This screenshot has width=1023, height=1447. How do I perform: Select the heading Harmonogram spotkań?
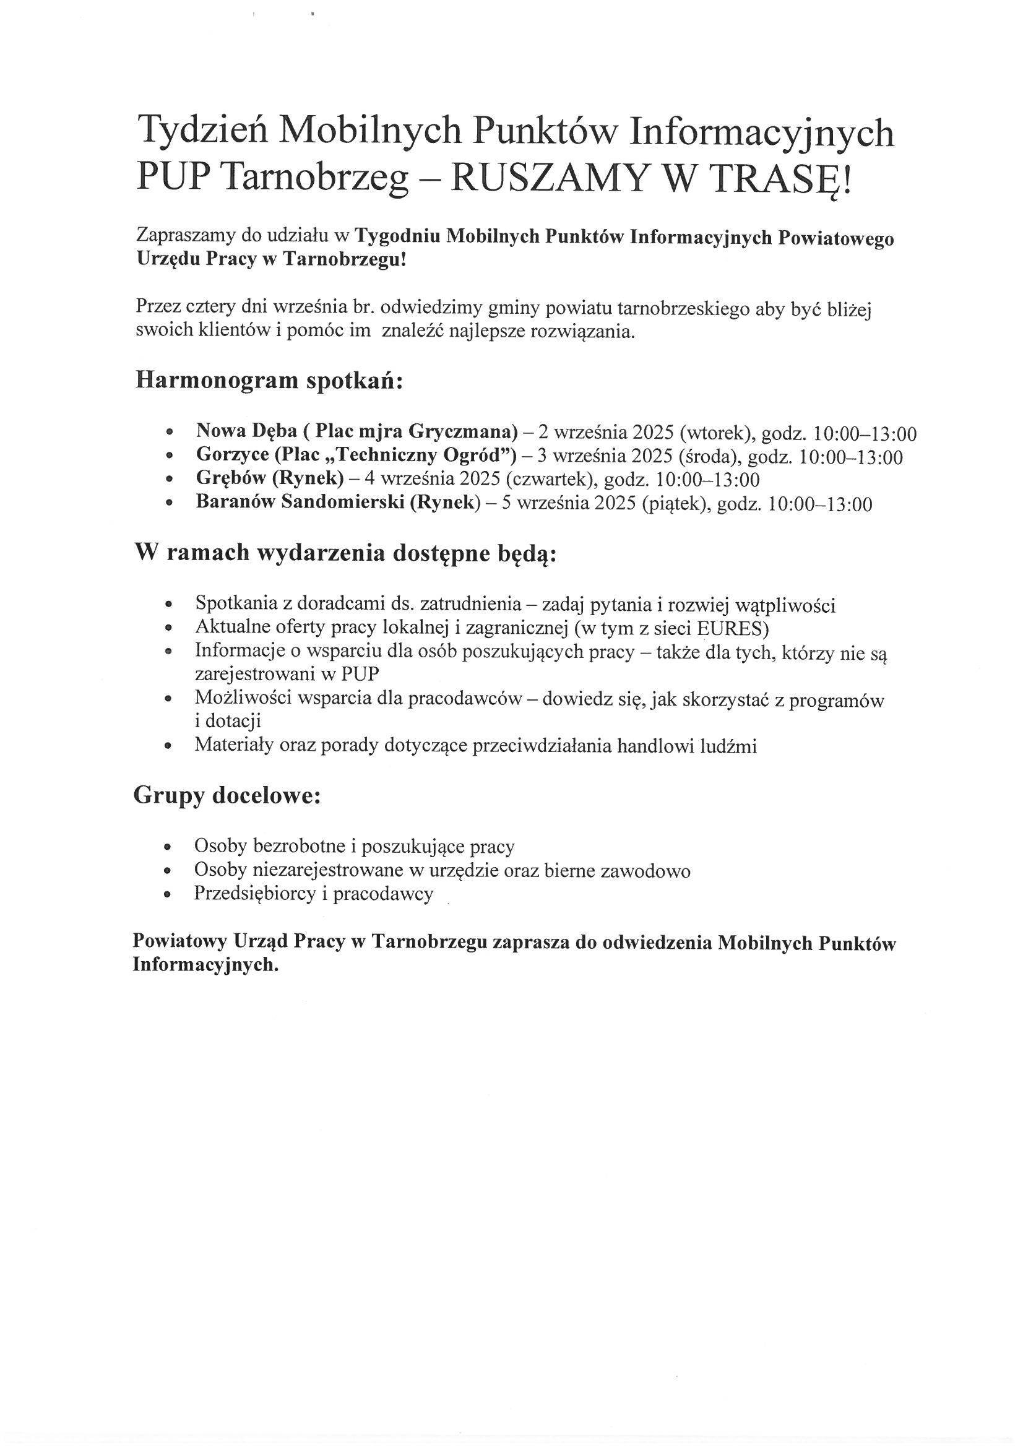coord(269,381)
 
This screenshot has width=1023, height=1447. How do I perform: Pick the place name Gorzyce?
coord(233,455)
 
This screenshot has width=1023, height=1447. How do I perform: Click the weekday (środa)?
coord(710,457)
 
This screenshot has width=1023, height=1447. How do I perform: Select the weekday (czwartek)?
coord(552,480)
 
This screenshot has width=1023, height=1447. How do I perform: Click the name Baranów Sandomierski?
coord(300,503)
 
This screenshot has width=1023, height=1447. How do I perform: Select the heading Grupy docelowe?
coord(227,796)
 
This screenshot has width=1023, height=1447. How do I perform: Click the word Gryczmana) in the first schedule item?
coord(464,432)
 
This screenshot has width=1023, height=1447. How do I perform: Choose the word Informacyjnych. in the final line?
coord(205,965)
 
